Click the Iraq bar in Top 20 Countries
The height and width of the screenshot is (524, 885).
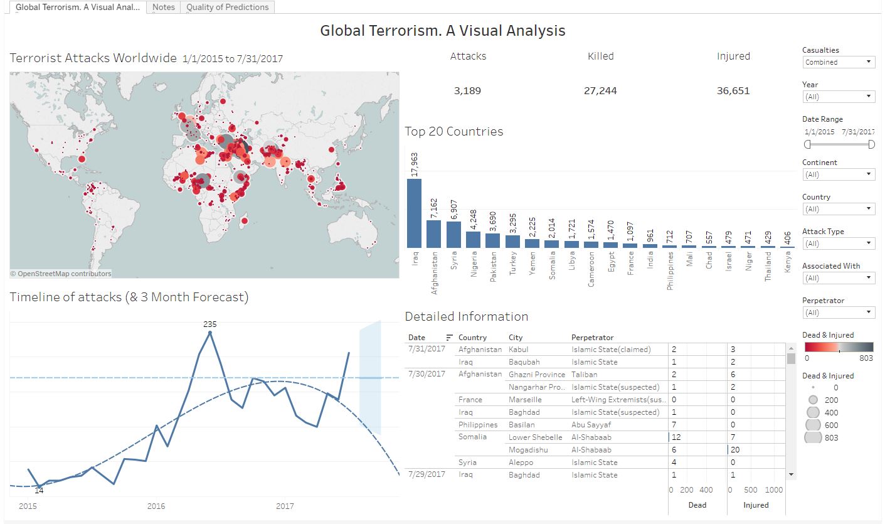click(x=414, y=213)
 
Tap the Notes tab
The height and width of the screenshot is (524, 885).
click(x=164, y=8)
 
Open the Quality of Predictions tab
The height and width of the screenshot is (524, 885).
click(x=227, y=8)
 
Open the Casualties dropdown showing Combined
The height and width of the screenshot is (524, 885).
click(x=838, y=62)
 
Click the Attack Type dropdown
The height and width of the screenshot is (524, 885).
click(x=838, y=243)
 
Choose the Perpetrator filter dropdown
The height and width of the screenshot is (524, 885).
click(x=838, y=313)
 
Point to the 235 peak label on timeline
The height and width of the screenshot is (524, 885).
click(x=209, y=324)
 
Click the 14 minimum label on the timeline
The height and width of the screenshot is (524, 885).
click(x=39, y=491)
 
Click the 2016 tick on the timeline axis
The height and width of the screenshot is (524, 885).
click(x=156, y=506)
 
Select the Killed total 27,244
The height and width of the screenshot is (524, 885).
click(x=600, y=91)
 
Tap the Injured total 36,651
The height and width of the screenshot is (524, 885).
click(x=733, y=91)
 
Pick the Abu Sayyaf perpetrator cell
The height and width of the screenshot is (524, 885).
click(x=591, y=425)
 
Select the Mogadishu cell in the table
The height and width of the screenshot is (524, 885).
click(x=529, y=450)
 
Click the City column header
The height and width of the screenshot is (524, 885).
click(x=516, y=338)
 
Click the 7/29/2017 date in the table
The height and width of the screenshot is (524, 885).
click(x=427, y=474)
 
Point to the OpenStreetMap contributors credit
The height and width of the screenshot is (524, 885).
click(x=61, y=274)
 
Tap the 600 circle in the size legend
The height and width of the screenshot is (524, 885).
click(x=813, y=425)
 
